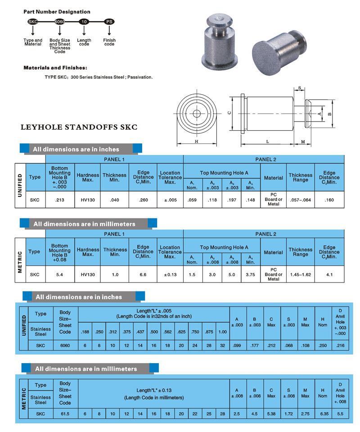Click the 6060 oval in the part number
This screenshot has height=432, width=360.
pyautogui.click(x=59, y=22)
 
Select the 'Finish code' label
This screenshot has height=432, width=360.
pyautogui.click(x=109, y=42)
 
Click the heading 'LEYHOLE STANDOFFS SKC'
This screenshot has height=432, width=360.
pyautogui.click(x=79, y=127)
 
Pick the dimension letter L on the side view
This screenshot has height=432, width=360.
pyautogui.click(x=267, y=141)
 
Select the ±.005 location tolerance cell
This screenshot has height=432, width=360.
pyautogui.click(x=170, y=200)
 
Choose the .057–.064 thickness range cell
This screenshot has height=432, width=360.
pyautogui.click(x=300, y=200)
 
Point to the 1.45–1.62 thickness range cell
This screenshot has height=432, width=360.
pyautogui.click(x=300, y=274)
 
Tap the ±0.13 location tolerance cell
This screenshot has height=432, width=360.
pyautogui.click(x=170, y=274)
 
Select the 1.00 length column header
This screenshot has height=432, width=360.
pyautogui.click(x=222, y=332)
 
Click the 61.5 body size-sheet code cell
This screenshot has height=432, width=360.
pyautogui.click(x=65, y=414)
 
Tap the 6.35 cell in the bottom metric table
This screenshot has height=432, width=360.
pyautogui.click(x=322, y=414)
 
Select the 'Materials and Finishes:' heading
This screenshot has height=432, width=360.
pyautogui.click(x=55, y=68)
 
